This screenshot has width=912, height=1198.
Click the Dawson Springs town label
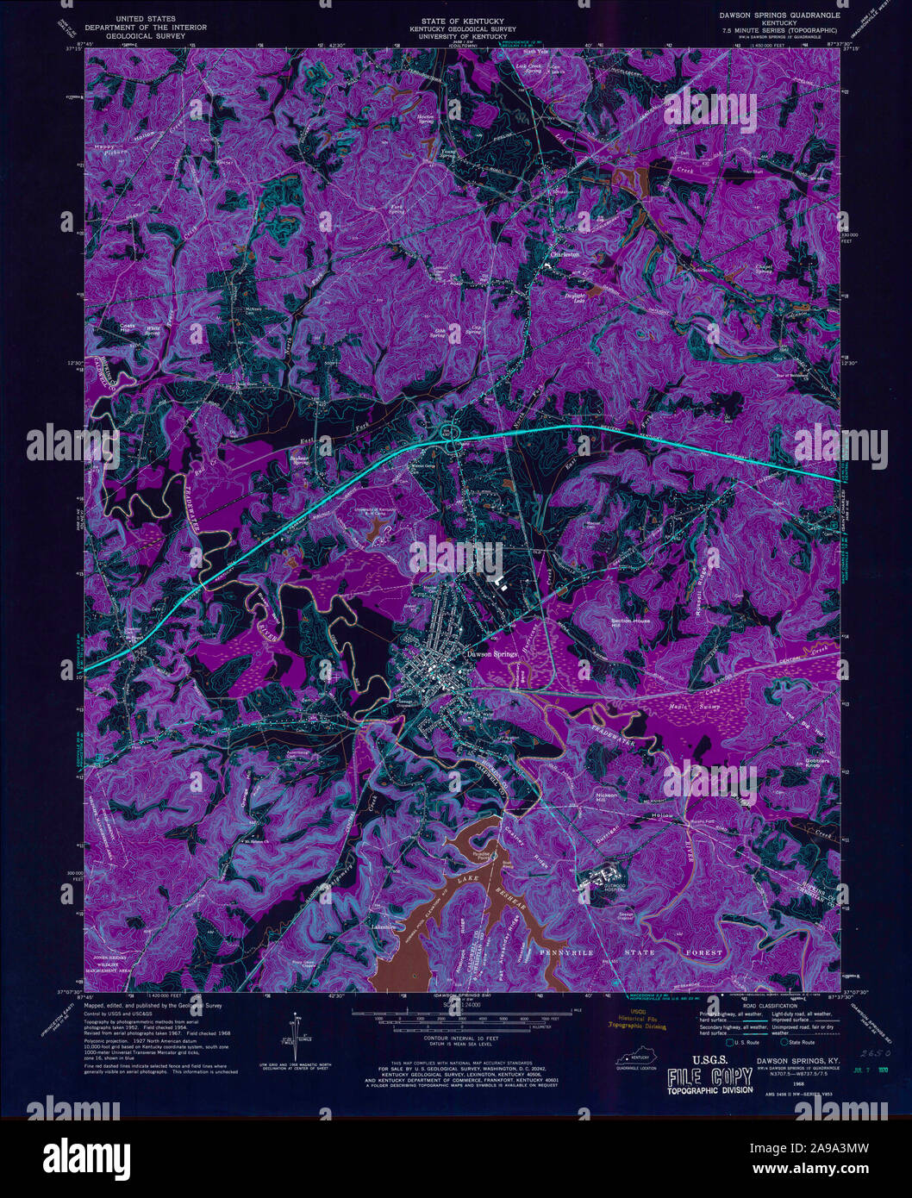coord(491,654)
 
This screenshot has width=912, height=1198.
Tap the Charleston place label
coord(565,255)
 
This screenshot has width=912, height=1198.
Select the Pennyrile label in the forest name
coord(570,952)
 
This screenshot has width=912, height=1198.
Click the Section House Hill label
coord(630,623)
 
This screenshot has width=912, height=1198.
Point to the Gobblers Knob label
coord(817,764)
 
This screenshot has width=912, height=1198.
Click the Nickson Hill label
coord(607,796)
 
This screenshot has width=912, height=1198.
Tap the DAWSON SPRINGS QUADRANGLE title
coord(768,16)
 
